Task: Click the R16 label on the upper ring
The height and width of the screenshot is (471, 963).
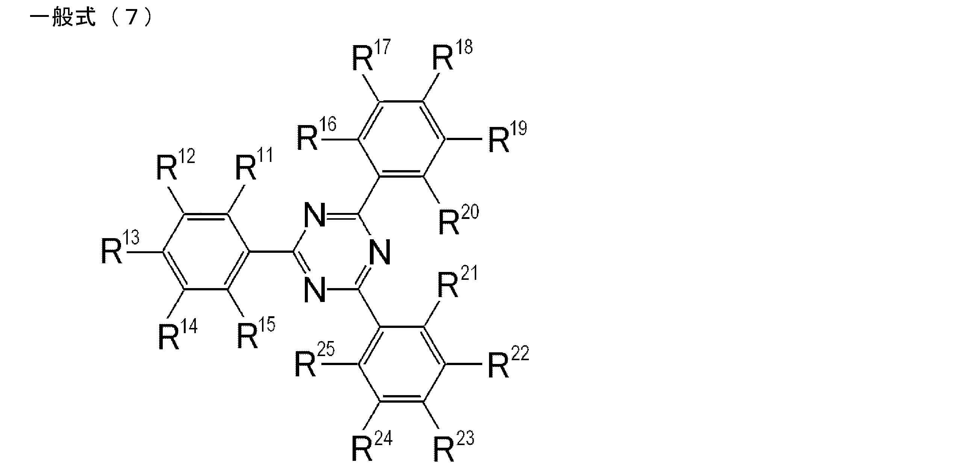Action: pyautogui.click(x=317, y=133)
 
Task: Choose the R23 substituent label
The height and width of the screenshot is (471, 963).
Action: pyautogui.click(x=454, y=446)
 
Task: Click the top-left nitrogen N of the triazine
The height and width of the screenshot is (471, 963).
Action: pyautogui.click(x=315, y=214)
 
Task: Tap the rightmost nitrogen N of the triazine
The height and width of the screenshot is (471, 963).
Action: pyautogui.click(x=380, y=252)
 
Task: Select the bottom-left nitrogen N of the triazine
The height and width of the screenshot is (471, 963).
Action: pyautogui.click(x=315, y=289)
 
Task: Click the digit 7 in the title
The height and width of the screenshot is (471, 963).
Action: pyautogui.click(x=130, y=18)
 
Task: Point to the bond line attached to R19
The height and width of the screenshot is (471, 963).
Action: pyautogui.click(x=463, y=139)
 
